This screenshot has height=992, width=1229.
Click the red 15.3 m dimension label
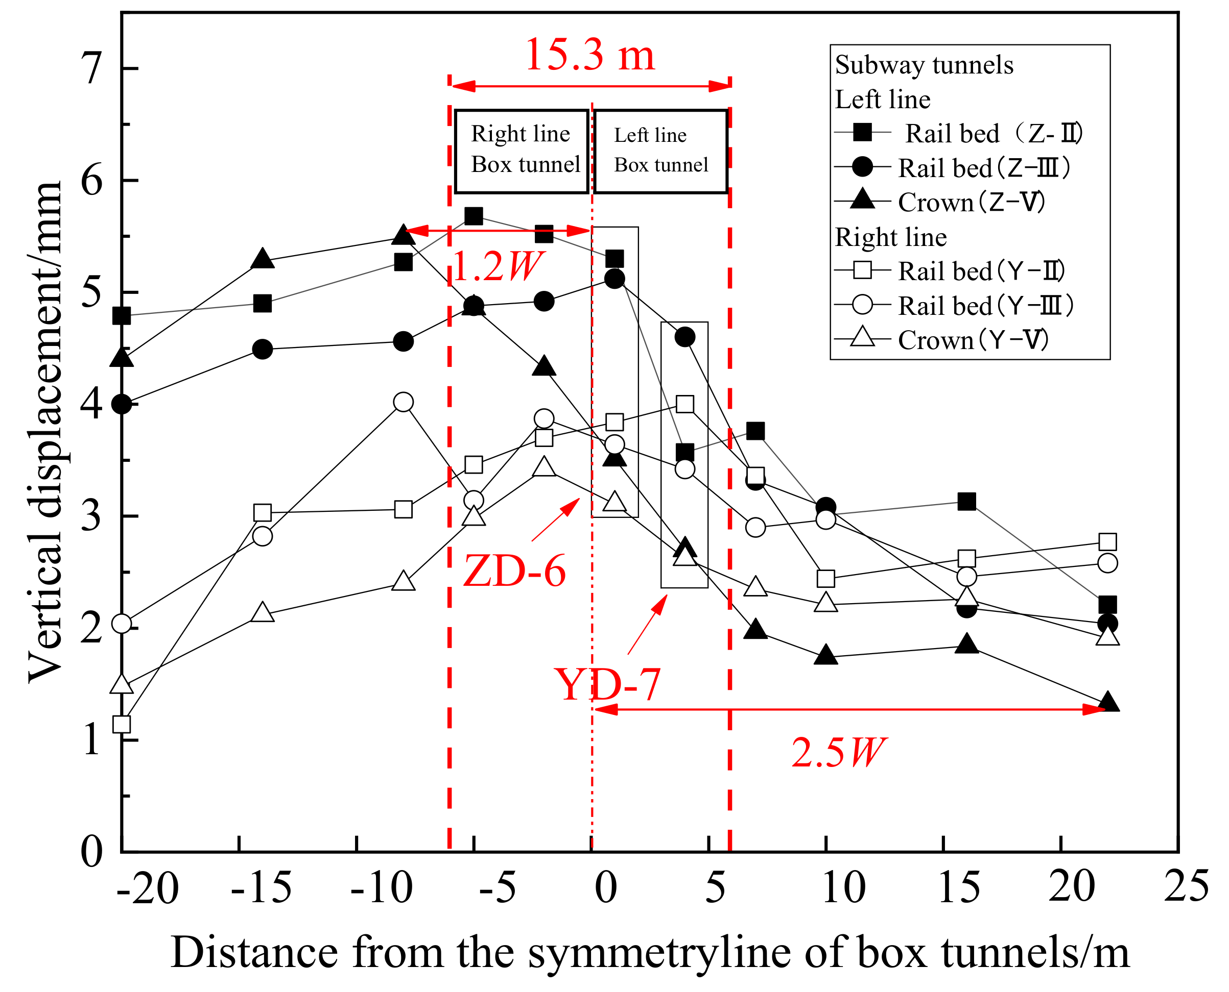click(x=589, y=56)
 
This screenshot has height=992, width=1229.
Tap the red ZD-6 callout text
click(x=514, y=571)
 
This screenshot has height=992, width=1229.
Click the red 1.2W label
click(x=497, y=266)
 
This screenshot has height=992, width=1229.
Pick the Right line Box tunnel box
click(x=522, y=152)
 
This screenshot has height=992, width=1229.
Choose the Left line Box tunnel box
click(x=660, y=152)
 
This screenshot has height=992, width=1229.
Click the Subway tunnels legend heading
click(x=924, y=65)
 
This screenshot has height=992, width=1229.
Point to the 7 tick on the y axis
click(x=91, y=68)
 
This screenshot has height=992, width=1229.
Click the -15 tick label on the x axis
click(x=261, y=888)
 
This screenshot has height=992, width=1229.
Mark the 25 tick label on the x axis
click(x=1186, y=887)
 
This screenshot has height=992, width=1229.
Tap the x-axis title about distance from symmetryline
click(x=650, y=953)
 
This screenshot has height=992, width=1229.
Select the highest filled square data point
click(x=474, y=216)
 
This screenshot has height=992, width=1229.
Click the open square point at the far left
click(x=122, y=725)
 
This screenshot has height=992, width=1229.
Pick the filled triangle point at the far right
click(x=1108, y=702)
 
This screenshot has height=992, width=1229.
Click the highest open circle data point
click(x=403, y=402)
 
